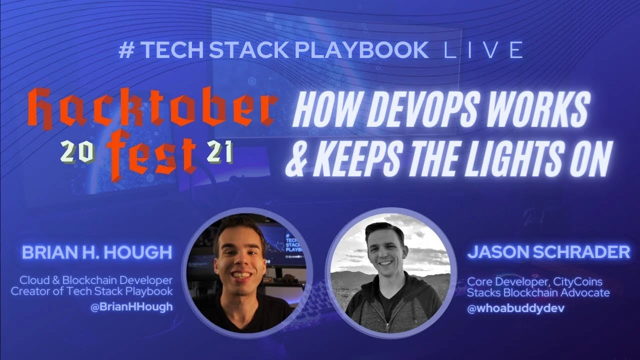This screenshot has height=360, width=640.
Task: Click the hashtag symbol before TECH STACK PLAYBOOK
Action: (126, 50)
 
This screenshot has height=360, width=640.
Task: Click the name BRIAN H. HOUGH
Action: (97, 252)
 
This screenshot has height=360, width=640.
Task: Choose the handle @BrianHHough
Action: (131, 307)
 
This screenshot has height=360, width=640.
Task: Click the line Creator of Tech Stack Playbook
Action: (96, 290)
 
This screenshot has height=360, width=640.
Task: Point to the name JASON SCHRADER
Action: (548, 252)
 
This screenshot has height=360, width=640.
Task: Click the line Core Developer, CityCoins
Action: (526, 281)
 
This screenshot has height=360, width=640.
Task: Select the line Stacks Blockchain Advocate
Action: (538, 292)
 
